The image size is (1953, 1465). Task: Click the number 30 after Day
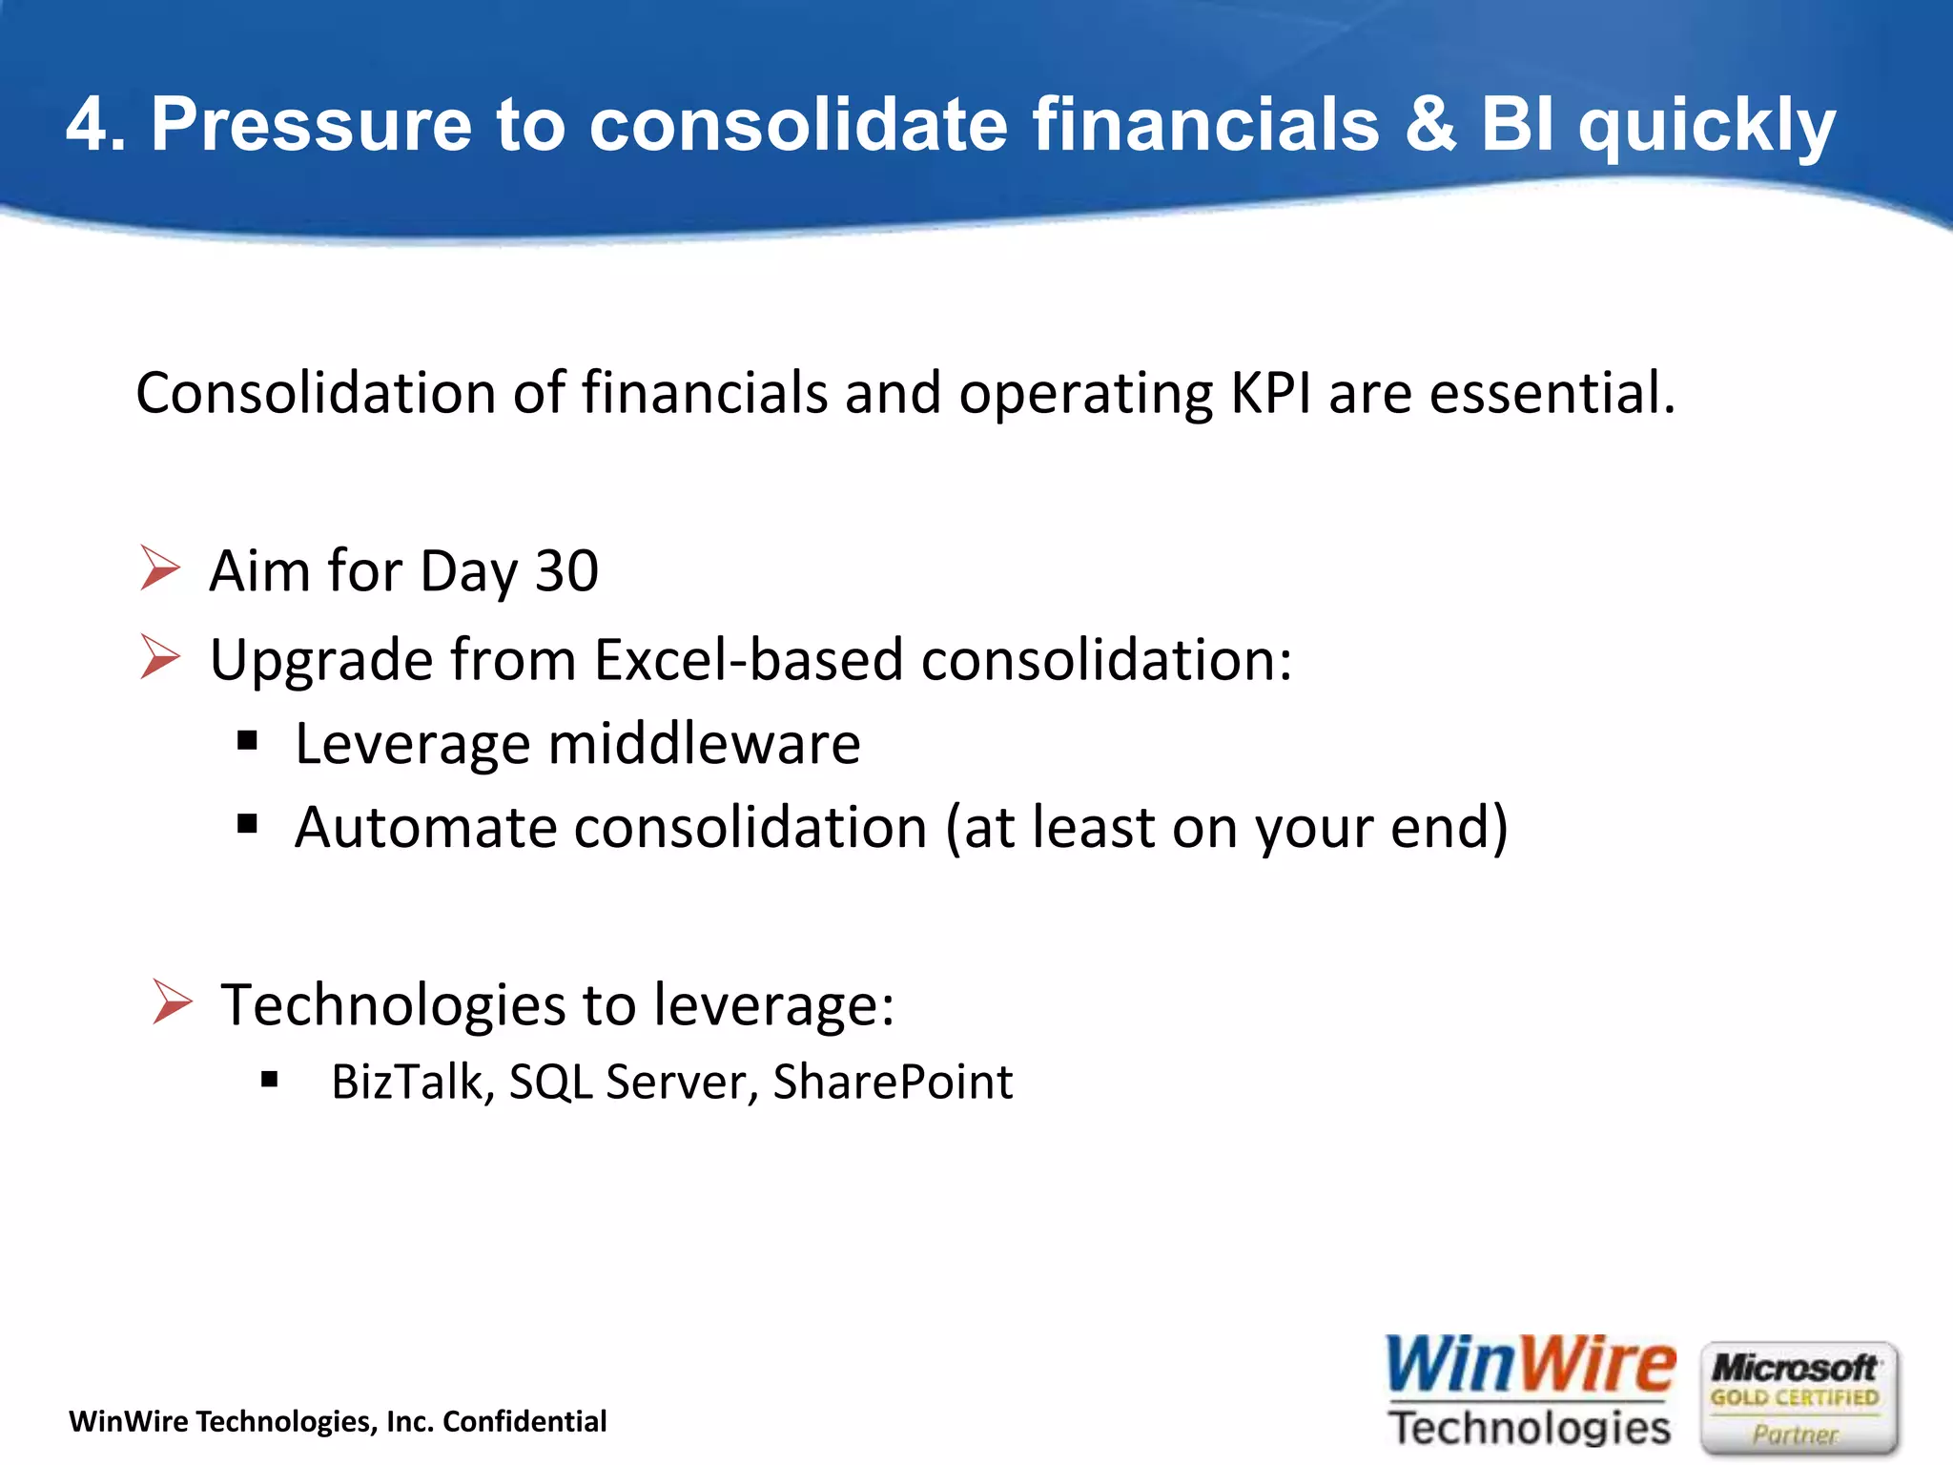[x=566, y=571]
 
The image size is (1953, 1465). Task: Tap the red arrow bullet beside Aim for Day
[x=159, y=568]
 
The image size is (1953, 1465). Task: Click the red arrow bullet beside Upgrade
[x=159, y=657]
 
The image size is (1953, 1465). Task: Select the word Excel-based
[x=749, y=659]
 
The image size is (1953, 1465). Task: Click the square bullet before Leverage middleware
[x=248, y=740]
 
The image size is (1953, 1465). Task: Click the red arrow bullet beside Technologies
[x=172, y=1002]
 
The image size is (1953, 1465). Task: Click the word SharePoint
[x=893, y=1083]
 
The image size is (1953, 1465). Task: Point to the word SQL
[x=550, y=1083]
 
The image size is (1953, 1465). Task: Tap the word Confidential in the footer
[x=524, y=1422]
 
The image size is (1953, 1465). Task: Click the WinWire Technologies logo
[x=1530, y=1392]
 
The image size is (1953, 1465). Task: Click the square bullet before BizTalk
[x=269, y=1080]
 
